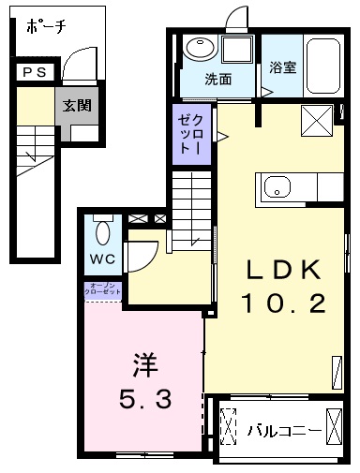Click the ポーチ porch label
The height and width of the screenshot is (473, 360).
46,27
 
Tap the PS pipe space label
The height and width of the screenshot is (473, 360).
35,72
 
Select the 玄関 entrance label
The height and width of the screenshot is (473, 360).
77,105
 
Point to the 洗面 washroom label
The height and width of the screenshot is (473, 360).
218,80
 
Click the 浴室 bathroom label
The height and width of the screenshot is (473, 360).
283,67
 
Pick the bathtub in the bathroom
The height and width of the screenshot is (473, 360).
323,66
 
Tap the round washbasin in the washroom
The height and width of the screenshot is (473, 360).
201,48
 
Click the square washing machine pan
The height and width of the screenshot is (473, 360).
237,50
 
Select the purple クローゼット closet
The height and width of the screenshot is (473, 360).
192,134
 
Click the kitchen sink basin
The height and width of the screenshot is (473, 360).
277,187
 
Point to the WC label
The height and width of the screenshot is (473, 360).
102,259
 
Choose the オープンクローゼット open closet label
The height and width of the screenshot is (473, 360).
103,288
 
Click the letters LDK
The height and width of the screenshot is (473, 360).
284,270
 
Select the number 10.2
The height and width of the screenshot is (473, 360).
283,303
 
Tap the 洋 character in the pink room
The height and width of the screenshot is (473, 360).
145,365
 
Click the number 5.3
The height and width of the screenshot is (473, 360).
145,398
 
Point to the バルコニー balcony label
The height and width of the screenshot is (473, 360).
284,431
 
